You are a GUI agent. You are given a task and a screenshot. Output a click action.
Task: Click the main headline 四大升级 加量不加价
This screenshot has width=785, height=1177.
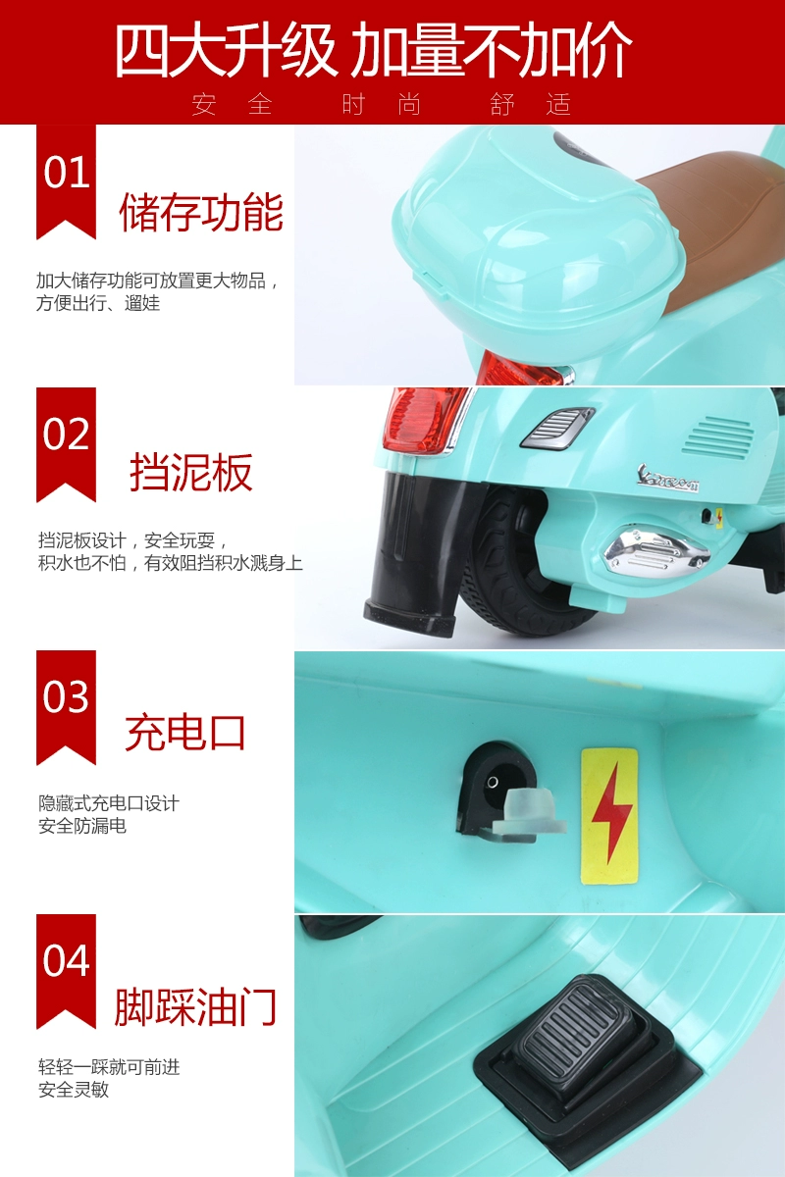coord(373,51)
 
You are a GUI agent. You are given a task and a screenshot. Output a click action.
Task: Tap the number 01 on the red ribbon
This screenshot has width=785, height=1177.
coord(67,173)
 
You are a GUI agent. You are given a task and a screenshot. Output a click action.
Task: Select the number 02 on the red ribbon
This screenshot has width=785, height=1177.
coord(67,434)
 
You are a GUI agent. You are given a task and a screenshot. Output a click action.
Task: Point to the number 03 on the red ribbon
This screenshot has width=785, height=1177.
coord(67,696)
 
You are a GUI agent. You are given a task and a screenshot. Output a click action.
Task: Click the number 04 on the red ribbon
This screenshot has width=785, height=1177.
coord(67,960)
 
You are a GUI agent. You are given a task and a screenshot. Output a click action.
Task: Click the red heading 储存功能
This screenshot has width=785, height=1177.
coord(201,212)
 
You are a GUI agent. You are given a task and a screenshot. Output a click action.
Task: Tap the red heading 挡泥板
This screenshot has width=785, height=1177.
coord(191,472)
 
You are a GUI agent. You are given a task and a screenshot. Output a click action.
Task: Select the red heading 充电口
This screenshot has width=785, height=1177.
coord(185,732)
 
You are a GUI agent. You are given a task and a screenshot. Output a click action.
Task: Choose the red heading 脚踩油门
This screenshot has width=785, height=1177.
coord(195,1007)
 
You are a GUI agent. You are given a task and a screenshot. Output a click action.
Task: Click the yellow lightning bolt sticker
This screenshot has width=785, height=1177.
coord(609,816)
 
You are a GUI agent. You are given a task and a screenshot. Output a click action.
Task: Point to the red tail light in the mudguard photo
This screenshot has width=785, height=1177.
coord(425,420)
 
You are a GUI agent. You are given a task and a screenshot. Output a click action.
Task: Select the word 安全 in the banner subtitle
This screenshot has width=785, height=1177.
coord(232,104)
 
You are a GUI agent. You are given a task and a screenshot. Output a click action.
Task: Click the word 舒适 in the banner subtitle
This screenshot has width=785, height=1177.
coord(530,104)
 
